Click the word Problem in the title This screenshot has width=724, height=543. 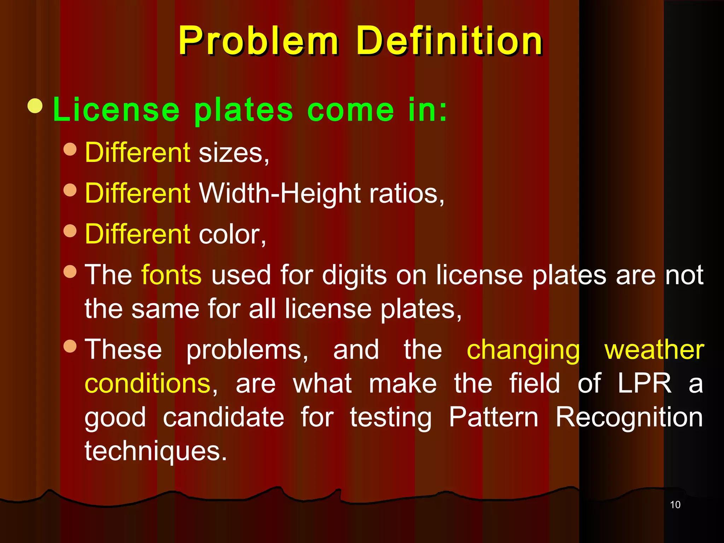point(258,41)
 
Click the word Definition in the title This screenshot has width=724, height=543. point(449,41)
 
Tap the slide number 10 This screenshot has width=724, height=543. point(675,505)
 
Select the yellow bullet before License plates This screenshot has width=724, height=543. point(35,106)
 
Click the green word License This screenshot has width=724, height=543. point(116,110)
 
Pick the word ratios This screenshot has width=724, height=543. point(407,194)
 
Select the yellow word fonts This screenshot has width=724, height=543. point(171,275)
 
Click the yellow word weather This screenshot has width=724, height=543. point(654,350)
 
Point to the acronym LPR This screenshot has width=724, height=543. point(644,384)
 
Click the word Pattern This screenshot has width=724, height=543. point(494,418)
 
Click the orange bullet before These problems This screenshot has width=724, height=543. point(70,346)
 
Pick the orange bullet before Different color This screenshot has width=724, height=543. point(70,231)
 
